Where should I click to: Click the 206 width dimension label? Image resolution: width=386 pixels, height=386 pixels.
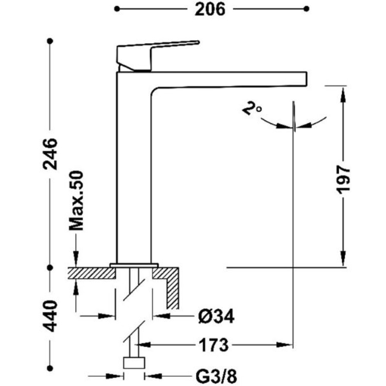click(210, 10)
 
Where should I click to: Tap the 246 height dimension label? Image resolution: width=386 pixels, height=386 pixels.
click(50, 154)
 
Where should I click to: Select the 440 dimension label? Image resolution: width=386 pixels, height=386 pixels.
click(50, 316)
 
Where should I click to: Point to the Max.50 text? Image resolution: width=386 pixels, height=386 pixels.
click(76, 200)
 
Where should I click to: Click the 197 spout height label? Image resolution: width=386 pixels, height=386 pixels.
click(343, 179)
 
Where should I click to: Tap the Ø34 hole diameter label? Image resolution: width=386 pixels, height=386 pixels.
click(216, 317)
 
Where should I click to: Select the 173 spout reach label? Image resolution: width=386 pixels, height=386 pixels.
click(213, 345)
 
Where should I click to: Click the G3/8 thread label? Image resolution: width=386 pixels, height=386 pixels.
click(217, 376)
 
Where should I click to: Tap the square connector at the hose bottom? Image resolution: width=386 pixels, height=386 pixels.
click(134, 362)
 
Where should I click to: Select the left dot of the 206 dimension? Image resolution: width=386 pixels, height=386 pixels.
click(117, 9)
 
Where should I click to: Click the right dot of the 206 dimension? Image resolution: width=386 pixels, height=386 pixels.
click(306, 9)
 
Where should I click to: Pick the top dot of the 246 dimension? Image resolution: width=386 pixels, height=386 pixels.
click(50, 41)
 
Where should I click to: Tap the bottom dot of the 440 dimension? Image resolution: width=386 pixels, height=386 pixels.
click(50, 368)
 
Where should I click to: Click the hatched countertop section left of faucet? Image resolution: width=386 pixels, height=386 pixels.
click(91, 273)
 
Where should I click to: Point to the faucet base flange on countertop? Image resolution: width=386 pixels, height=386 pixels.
click(134, 265)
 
